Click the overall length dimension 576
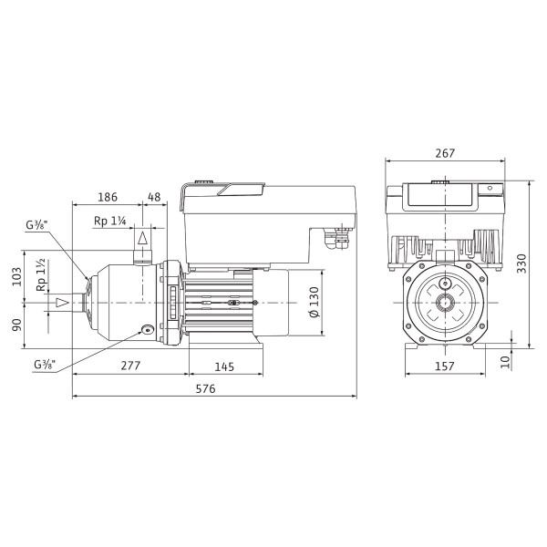pos(205,388)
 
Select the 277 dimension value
pos(130,366)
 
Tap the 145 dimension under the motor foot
pos(224,366)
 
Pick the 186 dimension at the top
pos(108,197)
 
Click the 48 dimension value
pos(154,197)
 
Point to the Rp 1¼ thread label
pos(110,221)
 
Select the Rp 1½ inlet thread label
pos(41,275)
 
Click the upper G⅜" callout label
pos(36,224)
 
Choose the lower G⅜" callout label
pos(45,365)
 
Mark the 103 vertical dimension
pos(16,276)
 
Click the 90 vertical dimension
pos(16,325)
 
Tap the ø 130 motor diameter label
pos(314,302)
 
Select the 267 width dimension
pos(445,153)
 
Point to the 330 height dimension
pos(521,263)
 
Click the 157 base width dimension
pos(445,366)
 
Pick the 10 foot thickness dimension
pos(505,362)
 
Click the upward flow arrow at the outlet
pos(142,238)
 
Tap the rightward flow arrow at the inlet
pos(63,303)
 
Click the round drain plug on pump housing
pos(147,330)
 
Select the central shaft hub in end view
pos(445,303)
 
